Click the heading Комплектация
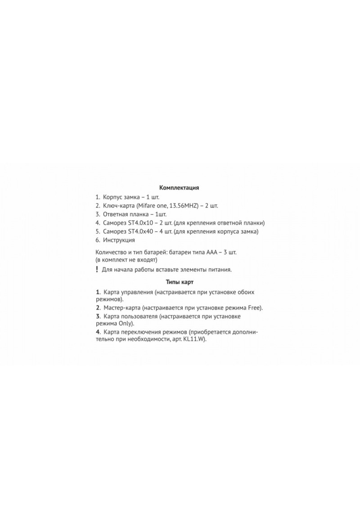(179, 188)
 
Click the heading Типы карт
(179, 282)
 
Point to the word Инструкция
(119, 240)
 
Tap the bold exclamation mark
(97, 269)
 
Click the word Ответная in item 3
(113, 214)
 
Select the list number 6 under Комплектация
(97, 240)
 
